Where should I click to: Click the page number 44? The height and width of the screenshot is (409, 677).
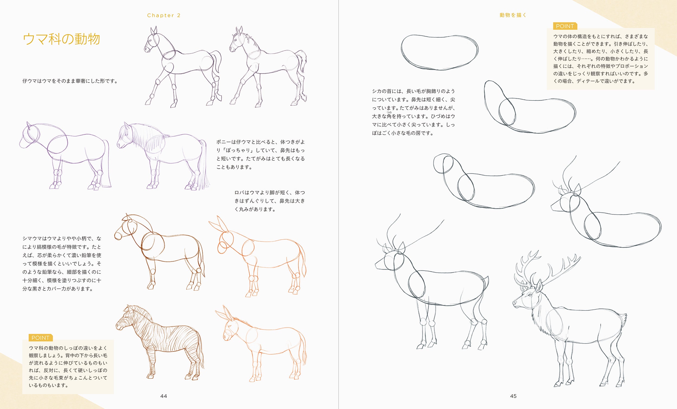(x=164, y=396)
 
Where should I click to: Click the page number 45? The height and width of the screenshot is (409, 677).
(x=513, y=396)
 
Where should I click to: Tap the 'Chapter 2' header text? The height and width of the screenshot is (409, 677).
(x=164, y=15)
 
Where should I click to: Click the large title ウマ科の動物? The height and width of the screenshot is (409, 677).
(x=61, y=39)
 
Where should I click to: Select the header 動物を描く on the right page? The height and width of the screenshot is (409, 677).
(x=513, y=15)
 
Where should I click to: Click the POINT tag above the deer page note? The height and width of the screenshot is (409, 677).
(x=565, y=26)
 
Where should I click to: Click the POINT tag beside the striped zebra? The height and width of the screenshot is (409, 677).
(x=40, y=338)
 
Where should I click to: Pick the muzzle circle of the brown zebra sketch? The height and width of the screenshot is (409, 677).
(x=118, y=236)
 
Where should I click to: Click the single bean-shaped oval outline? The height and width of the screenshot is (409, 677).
(x=440, y=52)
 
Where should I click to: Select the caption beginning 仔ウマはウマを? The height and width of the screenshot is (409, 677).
(x=70, y=81)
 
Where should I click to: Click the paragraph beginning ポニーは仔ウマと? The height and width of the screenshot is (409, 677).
(x=261, y=154)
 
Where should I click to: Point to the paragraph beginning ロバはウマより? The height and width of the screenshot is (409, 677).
(x=269, y=201)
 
